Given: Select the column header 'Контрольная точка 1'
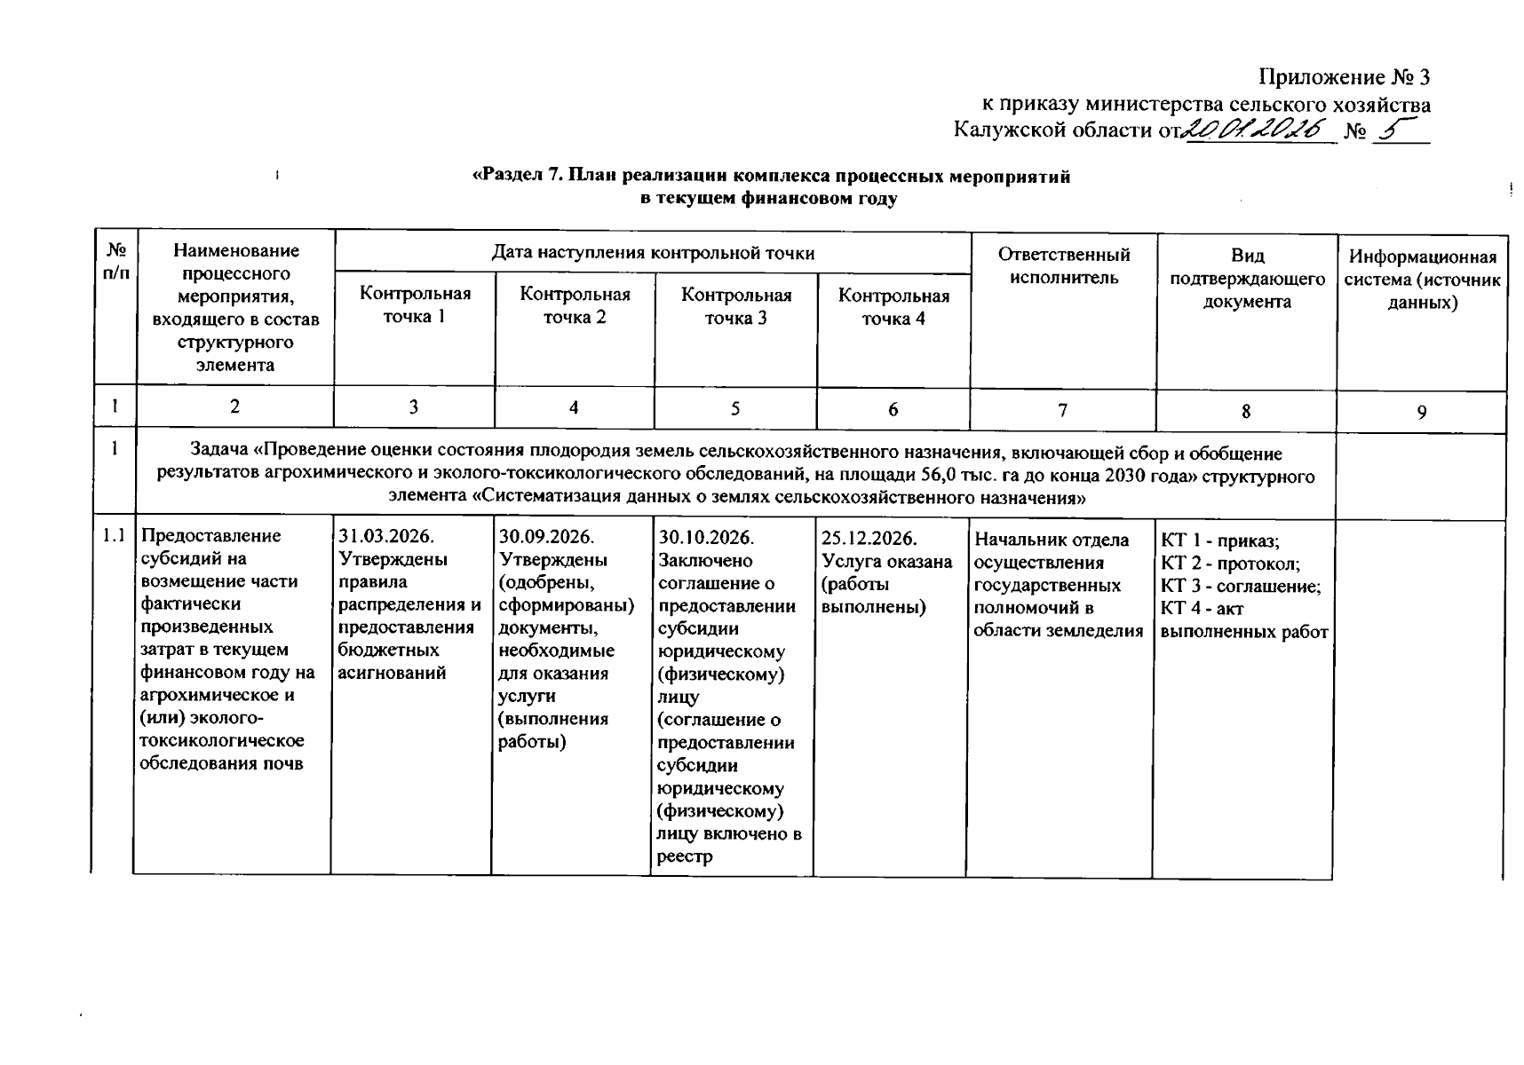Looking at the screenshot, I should point(415,304).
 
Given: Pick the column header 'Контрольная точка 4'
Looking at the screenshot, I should point(893,307).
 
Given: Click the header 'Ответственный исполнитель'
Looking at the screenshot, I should point(1063,266).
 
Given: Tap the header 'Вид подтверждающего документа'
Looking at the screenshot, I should point(1247,279).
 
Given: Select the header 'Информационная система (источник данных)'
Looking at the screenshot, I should point(1423,280).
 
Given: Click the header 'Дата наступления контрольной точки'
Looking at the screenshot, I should point(653,253).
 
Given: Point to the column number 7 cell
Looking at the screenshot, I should point(1062,410).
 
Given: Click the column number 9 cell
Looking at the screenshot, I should point(1422,412).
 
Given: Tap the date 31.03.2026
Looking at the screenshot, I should point(386,537).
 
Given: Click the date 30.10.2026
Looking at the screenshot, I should point(706,538).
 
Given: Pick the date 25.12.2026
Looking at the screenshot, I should point(869,539).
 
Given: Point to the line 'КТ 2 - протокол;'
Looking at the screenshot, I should point(1230,564).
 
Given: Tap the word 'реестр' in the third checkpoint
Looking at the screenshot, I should point(685,857).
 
